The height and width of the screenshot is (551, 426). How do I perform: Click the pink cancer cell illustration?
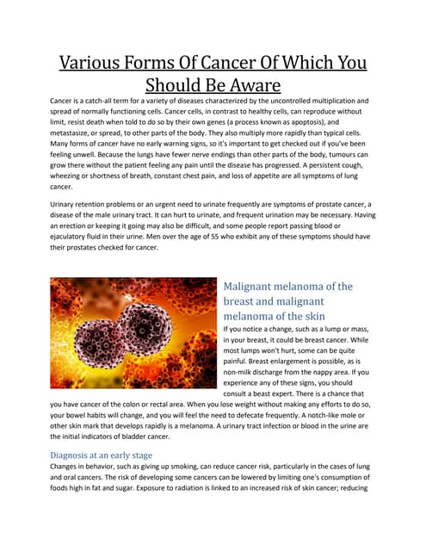pos(133,337)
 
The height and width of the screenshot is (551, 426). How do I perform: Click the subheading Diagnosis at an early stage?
pos(102,455)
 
